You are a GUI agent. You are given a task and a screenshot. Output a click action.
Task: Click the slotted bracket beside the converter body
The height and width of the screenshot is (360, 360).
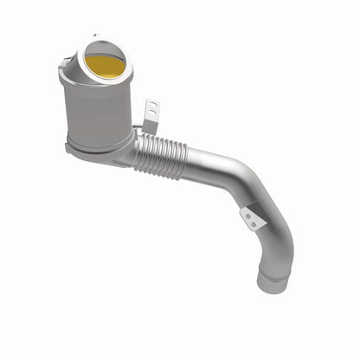point(151,112)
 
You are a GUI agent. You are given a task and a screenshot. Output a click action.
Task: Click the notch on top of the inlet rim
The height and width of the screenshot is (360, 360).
point(95,38)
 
